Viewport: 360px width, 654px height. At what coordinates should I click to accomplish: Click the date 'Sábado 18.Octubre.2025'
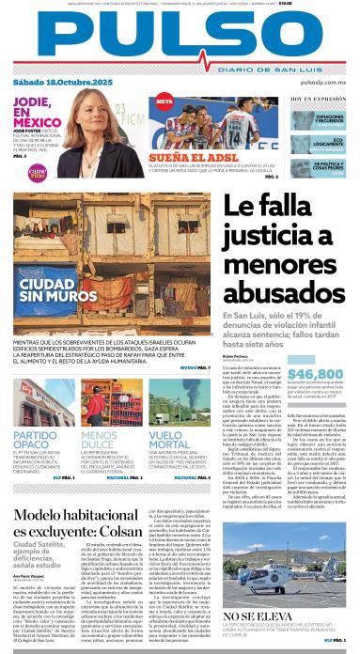[x=57, y=86]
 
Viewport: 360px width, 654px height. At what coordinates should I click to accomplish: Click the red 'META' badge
[x=164, y=101]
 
